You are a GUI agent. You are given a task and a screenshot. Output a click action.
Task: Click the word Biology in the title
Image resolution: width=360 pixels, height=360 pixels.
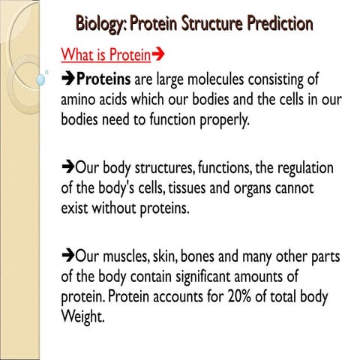pos(100,24)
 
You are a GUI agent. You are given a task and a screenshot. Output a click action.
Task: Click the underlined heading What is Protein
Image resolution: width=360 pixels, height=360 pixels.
pos(100,55)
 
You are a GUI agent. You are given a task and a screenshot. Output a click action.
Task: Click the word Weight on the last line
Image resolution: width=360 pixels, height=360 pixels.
pos(80,315)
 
